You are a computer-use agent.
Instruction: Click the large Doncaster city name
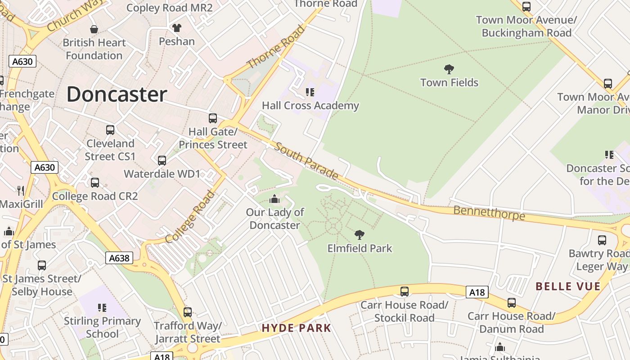click(117, 94)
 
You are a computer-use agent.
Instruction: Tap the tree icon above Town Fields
click(449, 69)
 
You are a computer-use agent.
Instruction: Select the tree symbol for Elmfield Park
click(359, 234)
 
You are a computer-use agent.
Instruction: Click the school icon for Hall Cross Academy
click(310, 92)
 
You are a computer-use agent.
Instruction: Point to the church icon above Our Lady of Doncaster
click(274, 199)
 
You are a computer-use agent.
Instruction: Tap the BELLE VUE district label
click(568, 287)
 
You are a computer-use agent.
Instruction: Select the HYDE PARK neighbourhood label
click(296, 328)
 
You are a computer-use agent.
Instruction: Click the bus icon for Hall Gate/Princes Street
click(213, 118)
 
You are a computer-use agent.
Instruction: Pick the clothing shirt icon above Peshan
click(177, 28)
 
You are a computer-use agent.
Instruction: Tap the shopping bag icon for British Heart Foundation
click(94, 29)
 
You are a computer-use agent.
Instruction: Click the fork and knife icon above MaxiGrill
click(20, 190)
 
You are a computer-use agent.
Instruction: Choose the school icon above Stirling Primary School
click(102, 308)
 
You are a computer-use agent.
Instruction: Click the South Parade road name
click(306, 161)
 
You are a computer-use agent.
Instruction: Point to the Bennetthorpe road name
click(489, 212)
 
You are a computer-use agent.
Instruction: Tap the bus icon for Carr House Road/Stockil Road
click(405, 291)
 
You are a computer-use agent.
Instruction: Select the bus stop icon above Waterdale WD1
click(162, 160)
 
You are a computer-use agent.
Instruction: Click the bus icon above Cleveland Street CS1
click(110, 130)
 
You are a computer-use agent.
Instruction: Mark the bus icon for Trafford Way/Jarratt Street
click(188, 312)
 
